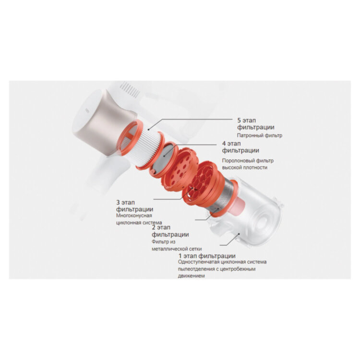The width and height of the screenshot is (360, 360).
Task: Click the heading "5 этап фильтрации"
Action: (x=255, y=124)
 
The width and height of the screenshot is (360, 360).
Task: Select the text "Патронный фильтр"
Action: (x=259, y=135)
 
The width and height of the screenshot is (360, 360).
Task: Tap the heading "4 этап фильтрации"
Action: (x=240, y=147)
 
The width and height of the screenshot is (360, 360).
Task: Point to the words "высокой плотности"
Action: (x=244, y=168)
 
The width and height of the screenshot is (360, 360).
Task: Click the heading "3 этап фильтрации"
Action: (x=134, y=206)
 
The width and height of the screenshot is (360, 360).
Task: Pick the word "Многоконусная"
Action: (x=134, y=216)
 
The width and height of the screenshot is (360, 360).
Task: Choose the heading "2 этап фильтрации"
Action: (x=170, y=231)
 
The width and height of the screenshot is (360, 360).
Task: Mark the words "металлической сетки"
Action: (x=177, y=249)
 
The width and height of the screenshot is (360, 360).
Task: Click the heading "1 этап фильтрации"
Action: (x=207, y=256)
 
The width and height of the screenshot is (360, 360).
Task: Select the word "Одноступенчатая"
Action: (x=198, y=262)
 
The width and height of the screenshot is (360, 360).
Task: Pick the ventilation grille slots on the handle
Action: (x=130, y=89)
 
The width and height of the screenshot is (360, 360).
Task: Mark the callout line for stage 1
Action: (x=229, y=240)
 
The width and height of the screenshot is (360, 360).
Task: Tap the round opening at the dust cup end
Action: (x=262, y=222)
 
